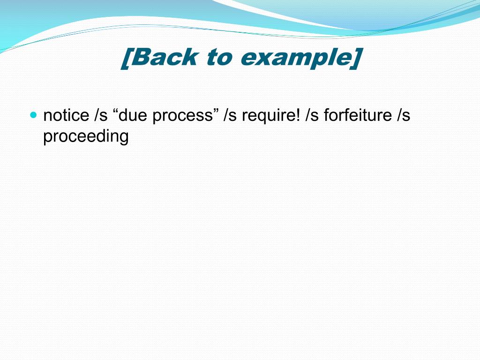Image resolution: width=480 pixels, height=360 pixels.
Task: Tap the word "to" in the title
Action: click(x=219, y=58)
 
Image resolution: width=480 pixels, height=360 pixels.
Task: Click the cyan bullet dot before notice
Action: click(x=33, y=114)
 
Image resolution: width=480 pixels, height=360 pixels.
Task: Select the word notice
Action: click(x=66, y=115)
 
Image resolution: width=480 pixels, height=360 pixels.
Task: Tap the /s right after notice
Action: click(x=101, y=115)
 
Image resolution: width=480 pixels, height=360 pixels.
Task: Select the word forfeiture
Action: click(x=357, y=115)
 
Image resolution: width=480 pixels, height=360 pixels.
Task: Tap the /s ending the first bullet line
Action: click(x=403, y=115)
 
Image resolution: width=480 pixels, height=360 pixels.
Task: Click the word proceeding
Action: click(x=86, y=136)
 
